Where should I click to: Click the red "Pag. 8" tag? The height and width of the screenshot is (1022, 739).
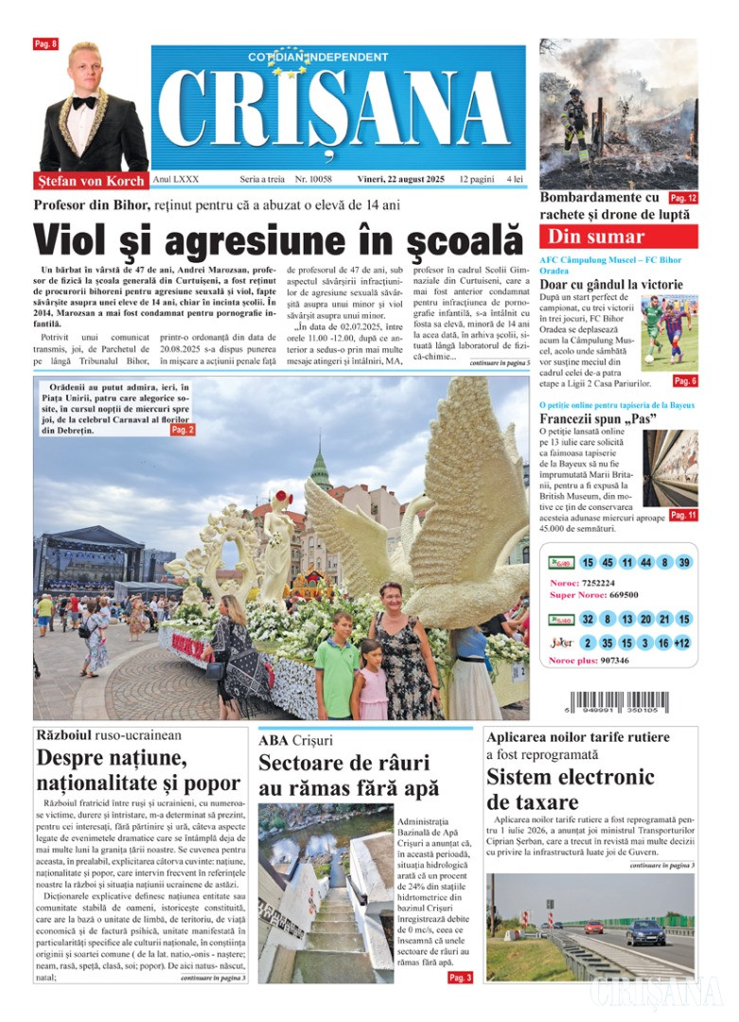[x=45, y=44]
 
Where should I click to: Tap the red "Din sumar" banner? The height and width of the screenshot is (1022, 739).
[x=618, y=237]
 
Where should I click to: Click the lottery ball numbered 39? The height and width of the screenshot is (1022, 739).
[x=684, y=562]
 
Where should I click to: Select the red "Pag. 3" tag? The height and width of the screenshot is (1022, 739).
[x=460, y=978]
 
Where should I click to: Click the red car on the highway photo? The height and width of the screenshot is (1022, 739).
[x=593, y=926]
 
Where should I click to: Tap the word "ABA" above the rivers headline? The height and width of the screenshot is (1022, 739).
[x=273, y=740]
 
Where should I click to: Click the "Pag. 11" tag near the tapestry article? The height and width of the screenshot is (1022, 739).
[x=682, y=515]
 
